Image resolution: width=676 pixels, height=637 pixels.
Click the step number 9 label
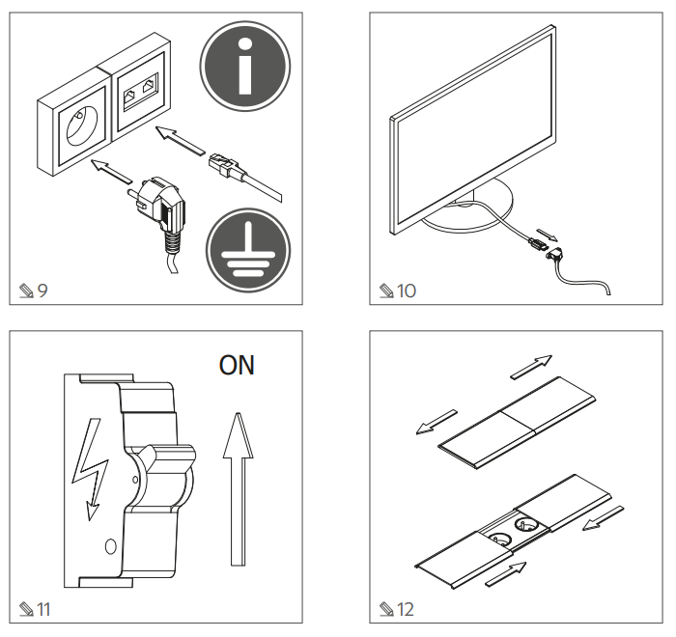click(35, 290)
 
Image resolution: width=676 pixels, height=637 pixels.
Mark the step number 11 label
click(37, 608)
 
